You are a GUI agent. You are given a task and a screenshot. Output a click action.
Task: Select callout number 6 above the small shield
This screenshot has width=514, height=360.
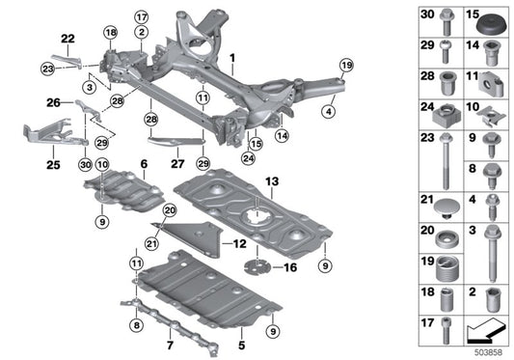tap(143, 164)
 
